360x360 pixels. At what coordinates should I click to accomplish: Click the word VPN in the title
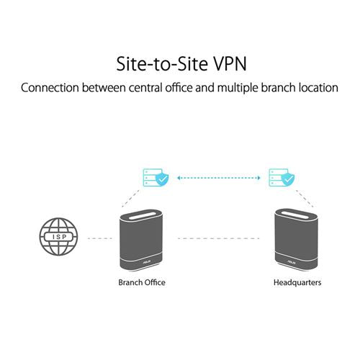click(x=230, y=64)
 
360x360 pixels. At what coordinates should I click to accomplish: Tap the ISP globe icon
click(x=58, y=237)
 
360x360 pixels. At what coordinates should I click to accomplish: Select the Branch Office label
click(x=142, y=282)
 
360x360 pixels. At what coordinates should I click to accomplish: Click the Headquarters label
click(x=297, y=282)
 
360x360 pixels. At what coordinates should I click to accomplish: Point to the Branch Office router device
click(x=141, y=240)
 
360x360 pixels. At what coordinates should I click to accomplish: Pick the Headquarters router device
click(x=297, y=240)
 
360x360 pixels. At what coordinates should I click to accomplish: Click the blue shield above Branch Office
click(x=162, y=179)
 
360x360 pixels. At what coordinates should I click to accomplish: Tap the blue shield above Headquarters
click(x=288, y=179)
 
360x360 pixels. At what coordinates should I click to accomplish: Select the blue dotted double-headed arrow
click(x=219, y=178)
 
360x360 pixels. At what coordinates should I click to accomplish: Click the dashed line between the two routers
click(x=219, y=238)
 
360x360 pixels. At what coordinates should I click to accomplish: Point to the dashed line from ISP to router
click(x=100, y=238)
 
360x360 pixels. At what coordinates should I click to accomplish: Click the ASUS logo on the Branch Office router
click(x=146, y=262)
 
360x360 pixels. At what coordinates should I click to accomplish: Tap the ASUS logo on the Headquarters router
click(x=291, y=262)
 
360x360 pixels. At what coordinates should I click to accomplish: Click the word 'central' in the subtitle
click(x=145, y=88)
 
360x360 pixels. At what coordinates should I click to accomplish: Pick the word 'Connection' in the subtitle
click(x=50, y=88)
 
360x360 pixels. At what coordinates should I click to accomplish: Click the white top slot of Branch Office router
click(x=141, y=215)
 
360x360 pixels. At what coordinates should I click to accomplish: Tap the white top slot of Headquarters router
click(x=297, y=215)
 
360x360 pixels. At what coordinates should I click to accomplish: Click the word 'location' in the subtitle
click(x=318, y=88)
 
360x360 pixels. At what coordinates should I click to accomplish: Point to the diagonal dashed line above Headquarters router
click(x=305, y=199)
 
